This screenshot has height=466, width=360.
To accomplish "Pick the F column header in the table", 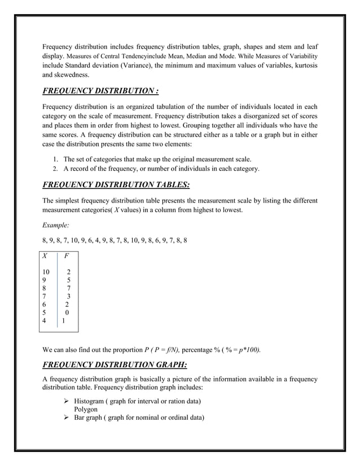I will (x=67, y=256).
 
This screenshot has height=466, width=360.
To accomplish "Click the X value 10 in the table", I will (x=46, y=271).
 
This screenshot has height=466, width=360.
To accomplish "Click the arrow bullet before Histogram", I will (x=67, y=401).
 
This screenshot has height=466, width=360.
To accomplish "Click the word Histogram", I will (x=94, y=401).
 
